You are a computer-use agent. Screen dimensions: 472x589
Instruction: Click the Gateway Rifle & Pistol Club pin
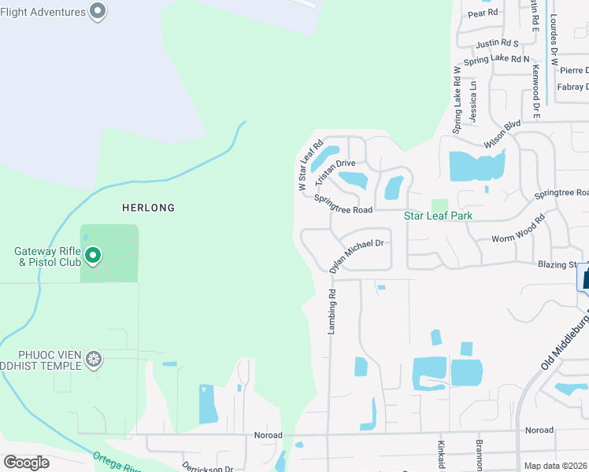[x=93, y=255]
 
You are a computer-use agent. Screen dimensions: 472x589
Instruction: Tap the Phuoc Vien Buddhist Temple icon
[x=94, y=360]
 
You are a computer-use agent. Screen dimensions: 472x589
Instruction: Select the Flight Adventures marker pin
[x=98, y=11]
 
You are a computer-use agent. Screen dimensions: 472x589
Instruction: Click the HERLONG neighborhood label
[x=148, y=208]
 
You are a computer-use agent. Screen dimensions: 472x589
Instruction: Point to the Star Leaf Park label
[x=433, y=216]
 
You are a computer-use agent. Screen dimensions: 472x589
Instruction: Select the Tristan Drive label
[x=335, y=171]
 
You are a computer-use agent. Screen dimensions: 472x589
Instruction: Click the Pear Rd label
[x=483, y=13]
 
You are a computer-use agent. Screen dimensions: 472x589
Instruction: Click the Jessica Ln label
[x=473, y=98]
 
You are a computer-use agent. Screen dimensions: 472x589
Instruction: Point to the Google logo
[x=27, y=462]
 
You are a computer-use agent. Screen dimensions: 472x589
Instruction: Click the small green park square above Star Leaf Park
[x=439, y=205]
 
